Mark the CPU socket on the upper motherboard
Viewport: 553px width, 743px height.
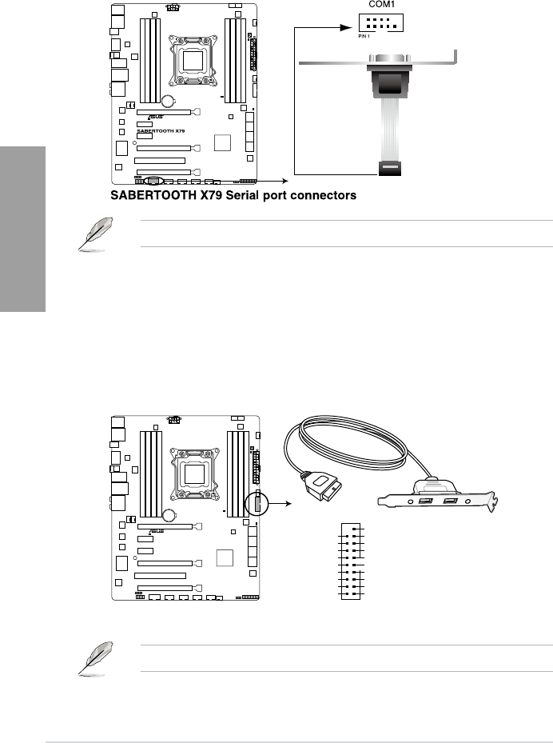pos(191,59)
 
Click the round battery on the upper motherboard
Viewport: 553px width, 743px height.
pos(169,102)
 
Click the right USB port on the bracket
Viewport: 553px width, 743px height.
pos(451,501)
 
